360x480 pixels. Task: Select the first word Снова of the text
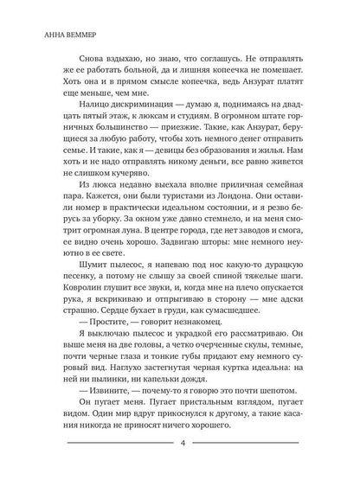80,52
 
